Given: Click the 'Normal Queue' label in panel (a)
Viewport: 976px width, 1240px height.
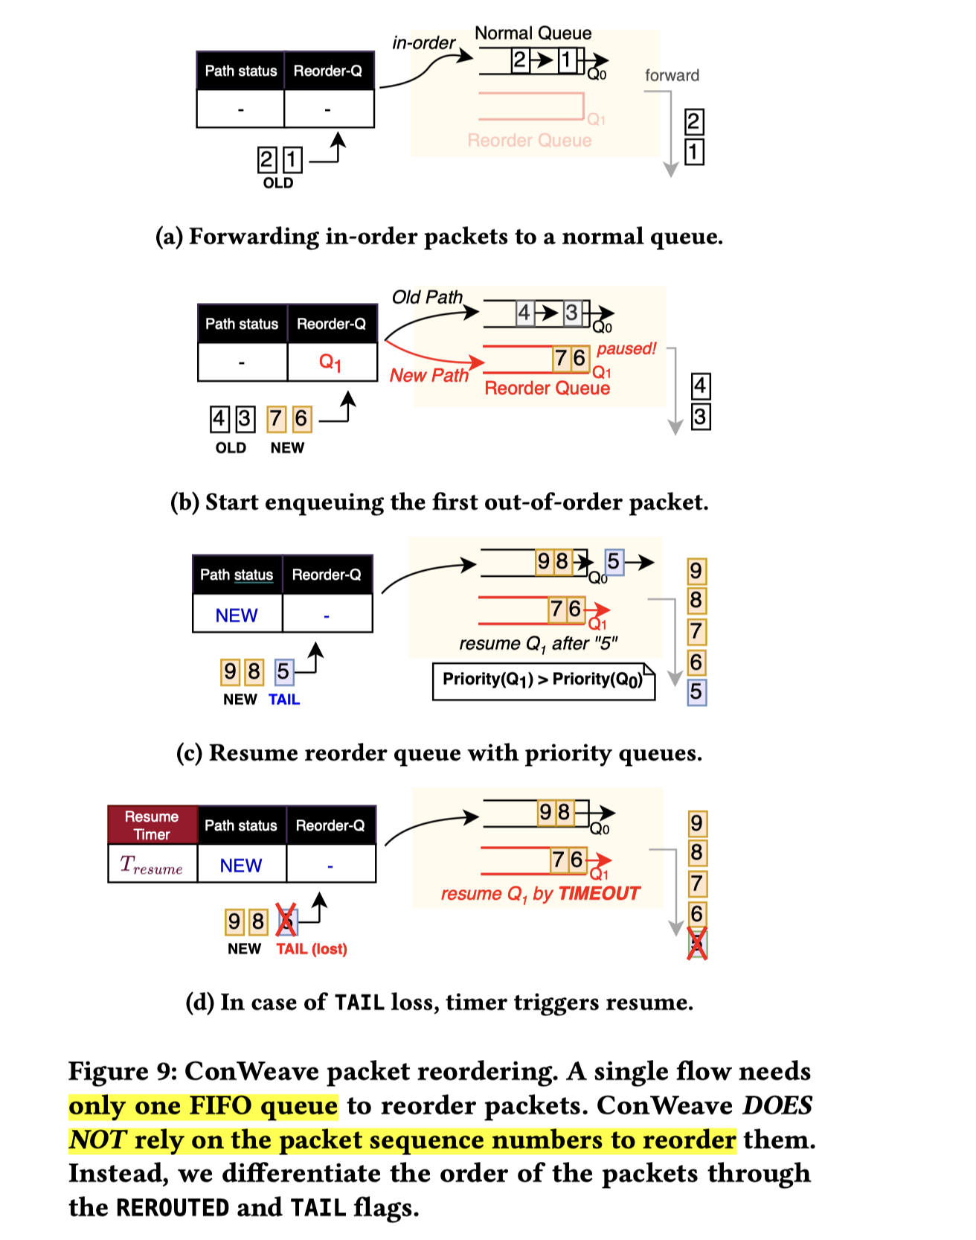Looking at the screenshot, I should [x=533, y=33].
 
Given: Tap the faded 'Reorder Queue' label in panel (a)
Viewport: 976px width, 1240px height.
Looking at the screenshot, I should [x=529, y=141].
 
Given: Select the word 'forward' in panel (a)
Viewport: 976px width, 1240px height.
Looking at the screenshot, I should [x=672, y=75].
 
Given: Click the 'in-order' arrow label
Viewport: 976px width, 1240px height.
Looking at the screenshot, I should [x=423, y=43].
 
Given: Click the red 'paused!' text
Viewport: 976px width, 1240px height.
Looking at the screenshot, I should [x=626, y=348].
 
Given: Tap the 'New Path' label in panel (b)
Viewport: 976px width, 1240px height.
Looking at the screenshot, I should [x=429, y=376].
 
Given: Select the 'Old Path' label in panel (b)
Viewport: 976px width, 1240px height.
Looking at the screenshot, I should [x=427, y=297].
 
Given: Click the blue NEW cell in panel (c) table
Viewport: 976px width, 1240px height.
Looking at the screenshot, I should [x=237, y=616].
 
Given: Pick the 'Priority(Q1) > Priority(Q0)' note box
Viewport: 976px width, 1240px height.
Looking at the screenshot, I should [x=543, y=680].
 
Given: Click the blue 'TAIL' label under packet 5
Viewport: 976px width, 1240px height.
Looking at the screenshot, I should [x=284, y=700].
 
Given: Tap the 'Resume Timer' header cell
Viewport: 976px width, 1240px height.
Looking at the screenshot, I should [x=152, y=825].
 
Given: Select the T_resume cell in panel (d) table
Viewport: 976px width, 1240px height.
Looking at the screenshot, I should [x=152, y=865].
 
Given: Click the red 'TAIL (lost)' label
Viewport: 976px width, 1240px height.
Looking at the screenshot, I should [x=312, y=949].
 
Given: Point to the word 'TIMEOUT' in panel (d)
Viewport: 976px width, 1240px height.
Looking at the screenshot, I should [x=599, y=893].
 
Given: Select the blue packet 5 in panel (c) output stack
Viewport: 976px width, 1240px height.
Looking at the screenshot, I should [x=696, y=692].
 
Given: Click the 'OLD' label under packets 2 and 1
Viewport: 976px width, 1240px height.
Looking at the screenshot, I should [x=278, y=183].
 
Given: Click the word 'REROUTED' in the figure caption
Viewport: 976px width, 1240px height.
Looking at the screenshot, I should [x=173, y=1207].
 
